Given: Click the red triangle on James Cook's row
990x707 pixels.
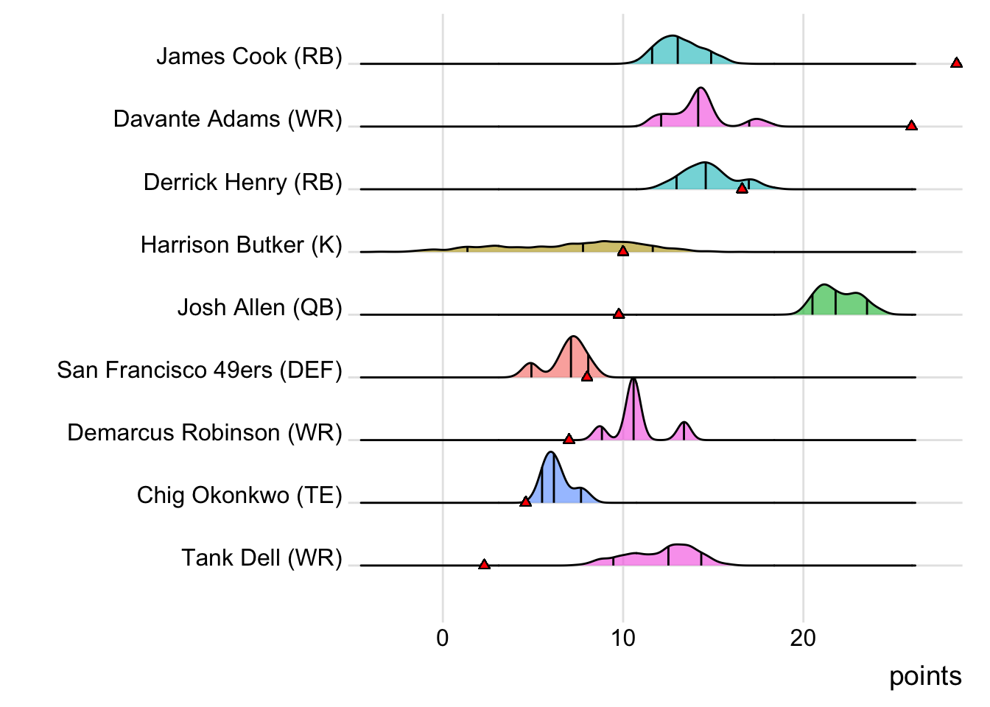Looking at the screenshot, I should point(956,63).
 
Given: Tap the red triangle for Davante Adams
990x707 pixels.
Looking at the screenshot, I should point(911,126).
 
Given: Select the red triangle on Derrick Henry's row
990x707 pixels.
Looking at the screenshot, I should point(742,189).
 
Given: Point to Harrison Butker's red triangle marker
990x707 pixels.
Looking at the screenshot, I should point(623,251).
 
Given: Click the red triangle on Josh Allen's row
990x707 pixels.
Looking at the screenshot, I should point(619,314).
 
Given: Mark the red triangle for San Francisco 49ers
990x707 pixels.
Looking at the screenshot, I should point(587,376).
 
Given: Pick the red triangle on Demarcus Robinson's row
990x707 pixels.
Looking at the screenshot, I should point(569,439).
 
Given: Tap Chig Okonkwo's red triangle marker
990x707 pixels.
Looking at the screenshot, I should point(525,502).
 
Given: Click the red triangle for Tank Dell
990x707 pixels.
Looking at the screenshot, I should point(484,564).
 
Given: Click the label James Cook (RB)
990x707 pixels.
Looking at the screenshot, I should point(249,57).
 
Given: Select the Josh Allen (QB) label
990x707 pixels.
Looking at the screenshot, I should point(259,307).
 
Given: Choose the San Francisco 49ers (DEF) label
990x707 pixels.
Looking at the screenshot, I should point(200,370).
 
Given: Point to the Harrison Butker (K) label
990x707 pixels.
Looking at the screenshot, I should point(241,245).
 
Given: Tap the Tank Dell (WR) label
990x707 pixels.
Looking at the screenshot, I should point(261,558).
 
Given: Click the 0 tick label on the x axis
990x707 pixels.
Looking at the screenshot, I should point(443,638).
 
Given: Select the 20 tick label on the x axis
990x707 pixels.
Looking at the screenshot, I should point(803,638).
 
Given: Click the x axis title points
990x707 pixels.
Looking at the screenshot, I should point(924,676).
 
